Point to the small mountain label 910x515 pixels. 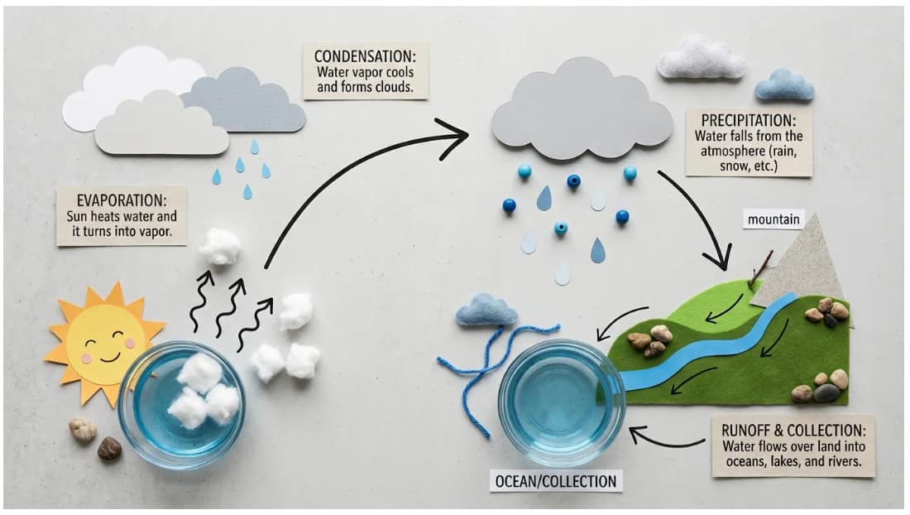pos(773,219)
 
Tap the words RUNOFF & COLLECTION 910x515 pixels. pos(793,431)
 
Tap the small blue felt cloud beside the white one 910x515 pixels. pos(783,84)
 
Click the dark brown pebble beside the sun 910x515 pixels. pos(109,448)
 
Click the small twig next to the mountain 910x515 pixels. pos(760,269)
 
